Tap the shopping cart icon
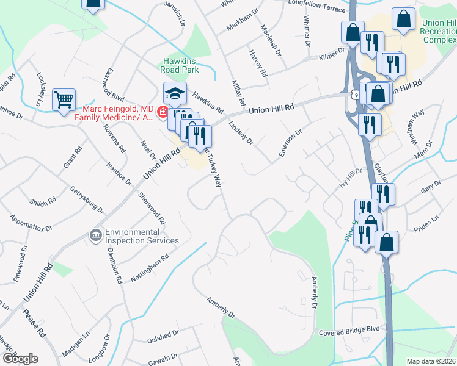tap(64, 99)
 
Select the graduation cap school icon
tap(175, 94)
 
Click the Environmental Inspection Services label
tap(142, 236)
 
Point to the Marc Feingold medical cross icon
tap(163, 111)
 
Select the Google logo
tap(20, 359)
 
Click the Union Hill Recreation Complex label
tap(439, 31)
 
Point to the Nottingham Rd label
tap(149, 268)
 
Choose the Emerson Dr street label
tap(290, 143)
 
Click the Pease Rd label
tap(34, 323)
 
